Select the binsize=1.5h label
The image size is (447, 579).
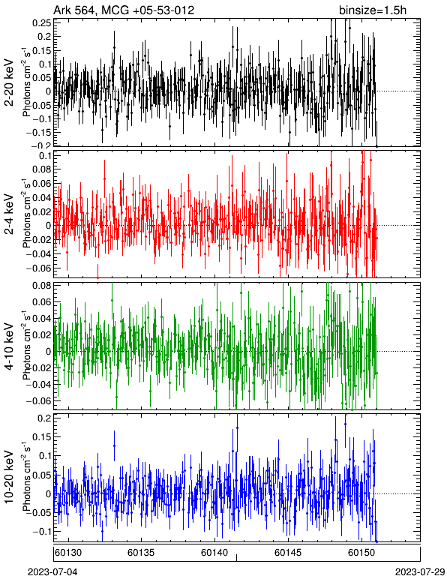[x=373, y=10]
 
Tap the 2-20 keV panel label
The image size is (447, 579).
[x=9, y=82]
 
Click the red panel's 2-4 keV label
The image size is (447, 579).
[x=9, y=214]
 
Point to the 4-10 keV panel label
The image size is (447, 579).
[x=9, y=346]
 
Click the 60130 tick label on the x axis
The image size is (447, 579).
[x=68, y=553]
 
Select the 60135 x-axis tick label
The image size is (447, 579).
[x=141, y=553]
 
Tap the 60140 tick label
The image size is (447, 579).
[x=214, y=553]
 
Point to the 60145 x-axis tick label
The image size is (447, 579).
[x=288, y=553]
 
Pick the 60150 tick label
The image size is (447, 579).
[x=361, y=553]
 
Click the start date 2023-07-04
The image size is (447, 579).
[x=52, y=572]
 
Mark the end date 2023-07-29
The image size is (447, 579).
[x=420, y=572]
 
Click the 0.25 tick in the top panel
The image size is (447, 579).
[x=41, y=23]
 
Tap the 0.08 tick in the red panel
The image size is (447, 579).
[x=41, y=169]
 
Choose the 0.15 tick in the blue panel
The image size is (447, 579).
[x=41, y=436]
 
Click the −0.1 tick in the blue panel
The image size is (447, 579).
[x=40, y=531]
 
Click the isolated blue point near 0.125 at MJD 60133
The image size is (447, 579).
[x=115, y=445]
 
